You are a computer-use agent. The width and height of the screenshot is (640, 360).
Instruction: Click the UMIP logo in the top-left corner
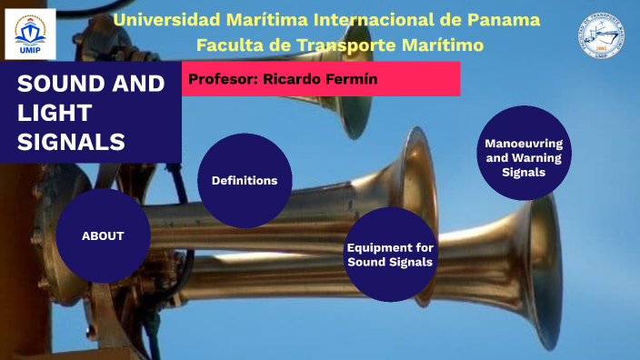click(x=30, y=34)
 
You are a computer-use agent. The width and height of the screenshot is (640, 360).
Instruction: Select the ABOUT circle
click(x=103, y=235)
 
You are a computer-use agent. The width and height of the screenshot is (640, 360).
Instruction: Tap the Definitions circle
click(x=244, y=180)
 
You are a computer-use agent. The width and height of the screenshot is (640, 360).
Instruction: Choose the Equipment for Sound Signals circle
click(x=390, y=255)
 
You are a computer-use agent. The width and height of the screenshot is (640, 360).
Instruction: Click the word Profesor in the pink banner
click(x=222, y=80)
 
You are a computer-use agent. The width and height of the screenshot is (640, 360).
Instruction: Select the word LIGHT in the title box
click(x=55, y=113)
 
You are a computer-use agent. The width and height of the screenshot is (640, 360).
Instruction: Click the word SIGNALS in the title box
click(x=71, y=141)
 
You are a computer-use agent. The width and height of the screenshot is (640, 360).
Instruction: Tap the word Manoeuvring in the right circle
click(x=523, y=144)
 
